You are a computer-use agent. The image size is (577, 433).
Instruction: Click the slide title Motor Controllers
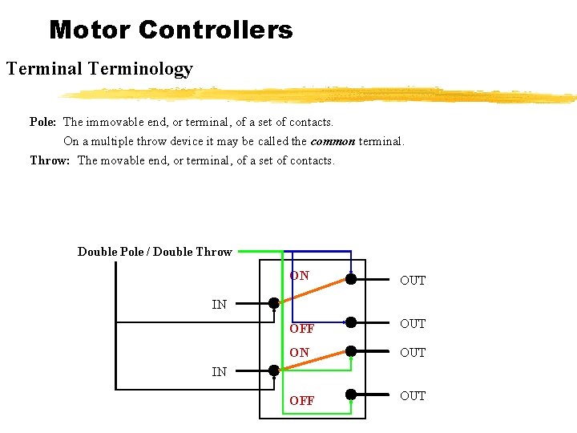tap(171, 30)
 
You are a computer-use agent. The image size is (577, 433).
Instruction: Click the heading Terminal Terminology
tap(99, 69)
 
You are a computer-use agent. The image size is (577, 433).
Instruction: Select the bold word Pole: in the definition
tap(42, 123)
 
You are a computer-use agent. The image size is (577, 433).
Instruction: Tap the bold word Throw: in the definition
tap(50, 160)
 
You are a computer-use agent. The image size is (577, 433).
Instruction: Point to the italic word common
tap(333, 141)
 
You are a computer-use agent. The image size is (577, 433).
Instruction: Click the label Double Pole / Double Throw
tap(155, 252)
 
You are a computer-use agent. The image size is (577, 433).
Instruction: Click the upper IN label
tap(219, 304)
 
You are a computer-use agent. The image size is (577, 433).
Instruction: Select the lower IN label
tap(219, 371)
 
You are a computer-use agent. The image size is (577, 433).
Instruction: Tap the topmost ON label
tap(300, 276)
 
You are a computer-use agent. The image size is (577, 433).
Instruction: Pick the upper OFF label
tap(301, 329)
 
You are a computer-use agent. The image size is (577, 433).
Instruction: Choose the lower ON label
tap(300, 353)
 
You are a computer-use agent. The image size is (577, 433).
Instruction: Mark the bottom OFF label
tap(301, 401)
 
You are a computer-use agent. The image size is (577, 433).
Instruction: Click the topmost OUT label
tap(413, 281)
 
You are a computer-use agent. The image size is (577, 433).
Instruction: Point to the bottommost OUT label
tap(413, 396)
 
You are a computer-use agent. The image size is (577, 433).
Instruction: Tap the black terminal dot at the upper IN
tap(274, 303)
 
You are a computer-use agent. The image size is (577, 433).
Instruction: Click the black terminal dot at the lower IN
tap(274, 370)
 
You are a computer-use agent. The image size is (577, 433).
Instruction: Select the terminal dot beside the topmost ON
tap(350, 280)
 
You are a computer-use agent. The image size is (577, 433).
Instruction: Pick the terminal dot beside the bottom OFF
tap(350, 394)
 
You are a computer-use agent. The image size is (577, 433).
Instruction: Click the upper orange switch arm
tap(313, 291)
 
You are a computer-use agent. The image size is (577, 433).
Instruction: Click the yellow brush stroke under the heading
tap(321, 95)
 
